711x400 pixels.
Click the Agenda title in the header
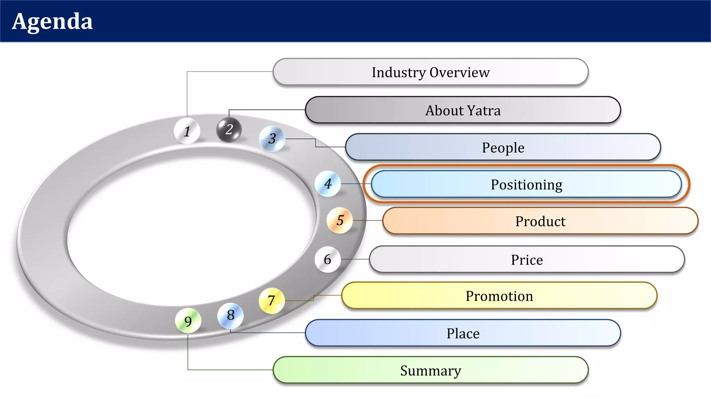[x=52, y=22]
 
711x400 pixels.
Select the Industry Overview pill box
[x=430, y=72]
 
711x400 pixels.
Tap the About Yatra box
[x=463, y=110]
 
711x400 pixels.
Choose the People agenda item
[x=503, y=147]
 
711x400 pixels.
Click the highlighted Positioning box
[x=526, y=184]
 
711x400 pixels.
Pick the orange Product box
[x=540, y=221]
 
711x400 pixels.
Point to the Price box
[x=527, y=259]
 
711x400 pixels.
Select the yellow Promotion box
[x=499, y=296]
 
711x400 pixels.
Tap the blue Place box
[x=463, y=333]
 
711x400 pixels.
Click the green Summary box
[x=430, y=370]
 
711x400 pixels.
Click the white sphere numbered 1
[x=187, y=131]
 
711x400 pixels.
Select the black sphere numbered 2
[x=229, y=130]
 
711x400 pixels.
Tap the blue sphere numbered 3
[x=272, y=139]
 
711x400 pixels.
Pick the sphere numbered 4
[x=328, y=184]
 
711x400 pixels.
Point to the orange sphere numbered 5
[x=340, y=220]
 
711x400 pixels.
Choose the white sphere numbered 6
[x=327, y=259]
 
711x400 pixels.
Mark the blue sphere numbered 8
[x=231, y=315]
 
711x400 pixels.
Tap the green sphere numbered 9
[x=188, y=321]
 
